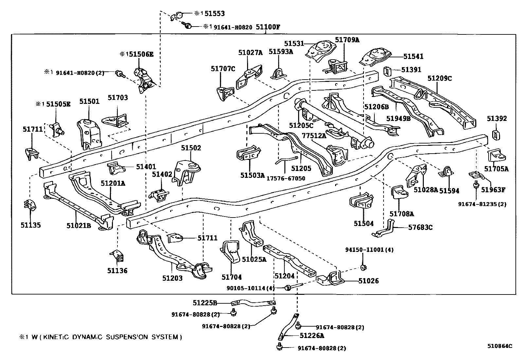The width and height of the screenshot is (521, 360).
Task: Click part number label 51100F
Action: (268, 27)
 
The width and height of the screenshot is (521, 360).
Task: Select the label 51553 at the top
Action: (214, 13)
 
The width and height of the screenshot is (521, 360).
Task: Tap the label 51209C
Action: (440, 78)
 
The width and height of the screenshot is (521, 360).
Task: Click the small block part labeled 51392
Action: (496, 134)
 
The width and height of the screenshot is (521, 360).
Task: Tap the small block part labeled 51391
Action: (387, 71)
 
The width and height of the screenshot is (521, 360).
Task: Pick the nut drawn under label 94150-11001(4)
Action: (363, 268)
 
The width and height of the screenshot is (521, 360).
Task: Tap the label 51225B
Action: (205, 303)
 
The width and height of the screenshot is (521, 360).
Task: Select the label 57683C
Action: (420, 227)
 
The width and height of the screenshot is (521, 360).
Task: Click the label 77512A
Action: (314, 136)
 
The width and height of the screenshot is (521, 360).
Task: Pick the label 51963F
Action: (493, 189)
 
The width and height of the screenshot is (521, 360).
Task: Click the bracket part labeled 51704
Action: (231, 252)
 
